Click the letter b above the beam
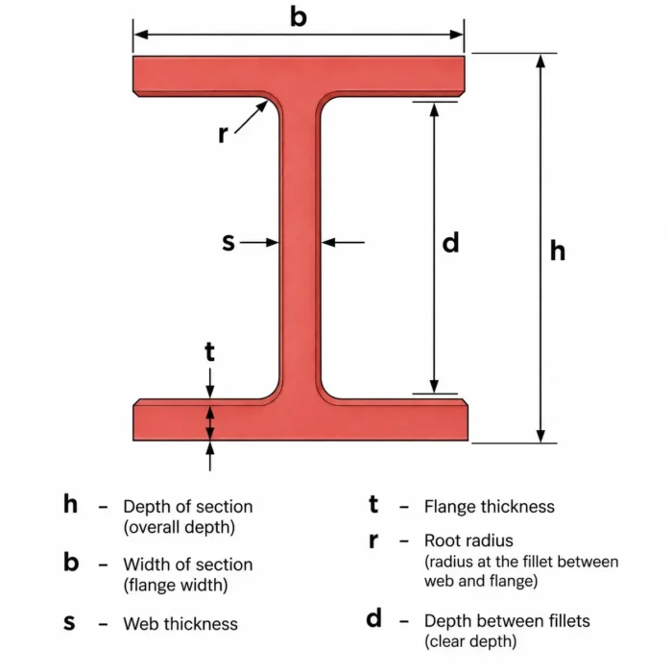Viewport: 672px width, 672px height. pos(299,17)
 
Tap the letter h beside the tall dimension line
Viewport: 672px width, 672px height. pos(558,251)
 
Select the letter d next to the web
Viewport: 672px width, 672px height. pos(450,242)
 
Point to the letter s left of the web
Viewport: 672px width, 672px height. pos(228,242)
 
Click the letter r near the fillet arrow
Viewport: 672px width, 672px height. pos(223,134)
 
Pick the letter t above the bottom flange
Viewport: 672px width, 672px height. pos(209,352)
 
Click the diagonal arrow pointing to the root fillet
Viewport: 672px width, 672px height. pos(252,117)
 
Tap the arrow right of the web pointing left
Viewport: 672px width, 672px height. pos(343,243)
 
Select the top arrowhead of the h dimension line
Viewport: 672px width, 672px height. pos(540,60)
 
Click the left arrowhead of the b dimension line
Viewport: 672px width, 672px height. pos(140,35)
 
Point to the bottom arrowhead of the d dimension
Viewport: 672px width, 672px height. pos(434,386)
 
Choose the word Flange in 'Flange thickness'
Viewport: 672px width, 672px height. pos(449,507)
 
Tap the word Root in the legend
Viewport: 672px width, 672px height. pos(444,540)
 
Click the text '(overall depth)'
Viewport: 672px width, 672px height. pos(180,527)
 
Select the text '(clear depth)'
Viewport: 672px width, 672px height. pos(470,641)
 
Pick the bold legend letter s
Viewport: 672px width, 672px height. pos(69,622)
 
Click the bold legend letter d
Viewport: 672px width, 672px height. pos(373,618)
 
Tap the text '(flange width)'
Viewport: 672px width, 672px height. pos(176,586)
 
